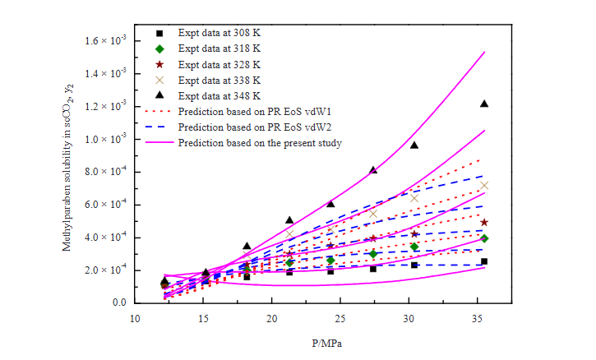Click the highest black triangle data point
[x=484, y=104]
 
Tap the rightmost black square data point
[x=484, y=261]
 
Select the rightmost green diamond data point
[x=484, y=238]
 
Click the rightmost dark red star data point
[x=484, y=222]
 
